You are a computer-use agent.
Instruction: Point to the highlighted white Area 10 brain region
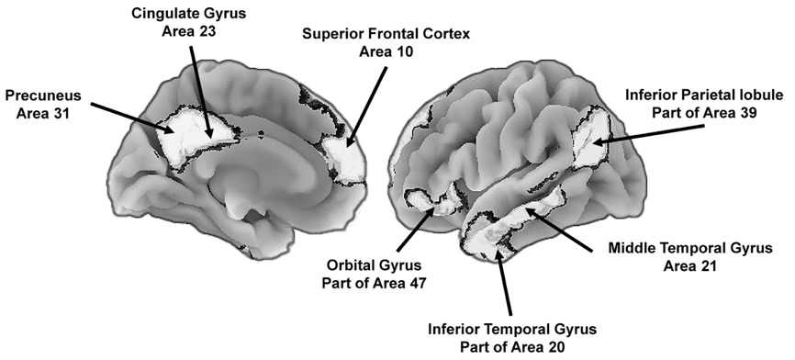pos(344,156)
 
